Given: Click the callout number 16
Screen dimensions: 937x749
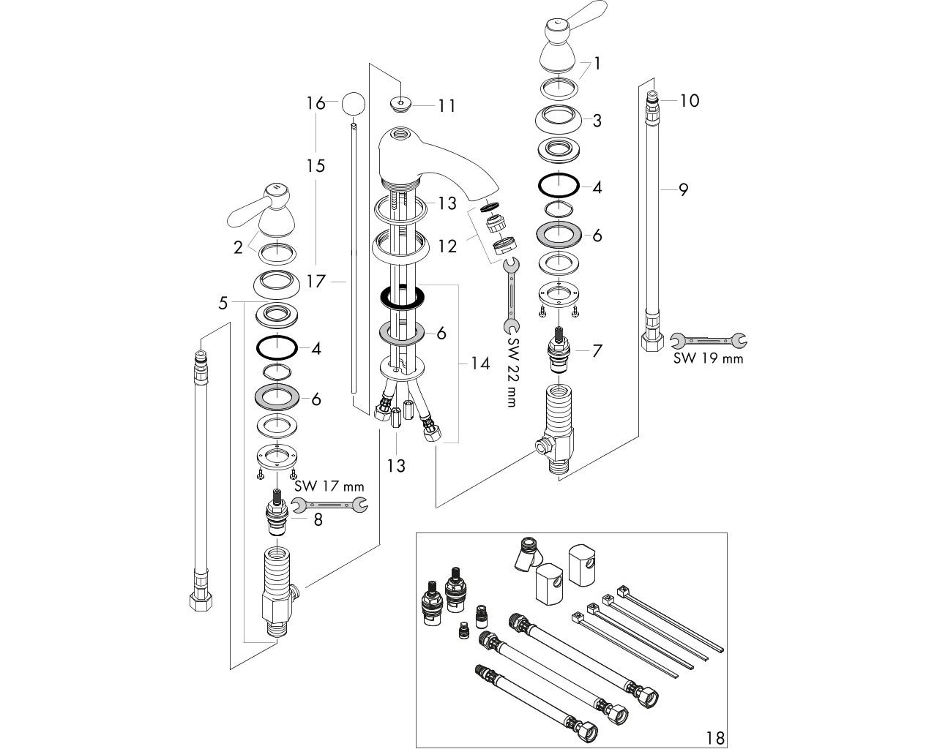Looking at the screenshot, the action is (316, 103).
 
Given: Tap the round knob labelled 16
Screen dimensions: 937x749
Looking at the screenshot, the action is (353, 104).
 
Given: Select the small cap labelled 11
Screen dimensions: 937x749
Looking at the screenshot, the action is (400, 105).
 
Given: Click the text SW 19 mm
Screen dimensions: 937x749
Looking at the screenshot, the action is (709, 358).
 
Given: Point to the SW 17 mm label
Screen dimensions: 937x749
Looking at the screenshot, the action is (329, 486).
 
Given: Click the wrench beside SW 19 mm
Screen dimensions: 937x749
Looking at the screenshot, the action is (709, 341).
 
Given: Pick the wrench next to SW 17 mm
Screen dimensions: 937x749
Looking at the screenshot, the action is (329, 505).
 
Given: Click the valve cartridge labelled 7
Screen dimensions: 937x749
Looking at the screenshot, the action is (559, 350).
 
